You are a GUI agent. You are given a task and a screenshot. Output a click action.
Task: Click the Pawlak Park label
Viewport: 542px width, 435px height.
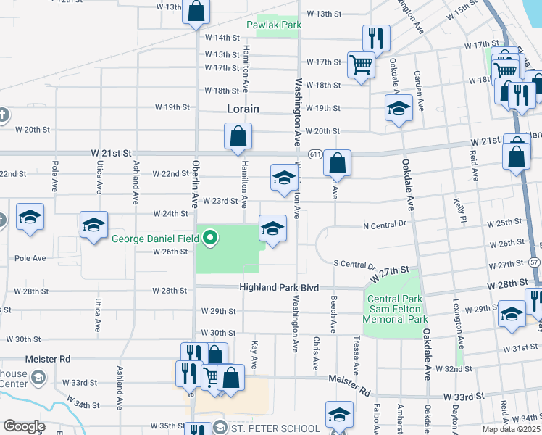[x=273, y=25]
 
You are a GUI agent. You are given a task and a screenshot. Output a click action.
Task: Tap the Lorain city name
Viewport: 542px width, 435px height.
[x=243, y=109]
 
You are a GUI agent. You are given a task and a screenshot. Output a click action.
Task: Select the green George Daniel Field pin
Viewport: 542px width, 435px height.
[x=211, y=237]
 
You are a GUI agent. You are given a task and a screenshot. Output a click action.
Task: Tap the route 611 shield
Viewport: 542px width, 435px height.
[x=314, y=154]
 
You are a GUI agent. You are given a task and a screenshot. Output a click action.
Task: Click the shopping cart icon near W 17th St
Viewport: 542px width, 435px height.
[x=361, y=65]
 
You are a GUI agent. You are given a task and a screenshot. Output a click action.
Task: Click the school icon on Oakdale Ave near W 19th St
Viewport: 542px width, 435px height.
[x=398, y=108]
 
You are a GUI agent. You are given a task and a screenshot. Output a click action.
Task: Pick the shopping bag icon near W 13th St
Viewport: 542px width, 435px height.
[x=196, y=12]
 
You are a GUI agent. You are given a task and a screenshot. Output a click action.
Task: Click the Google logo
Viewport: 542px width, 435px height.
[x=24, y=426]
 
